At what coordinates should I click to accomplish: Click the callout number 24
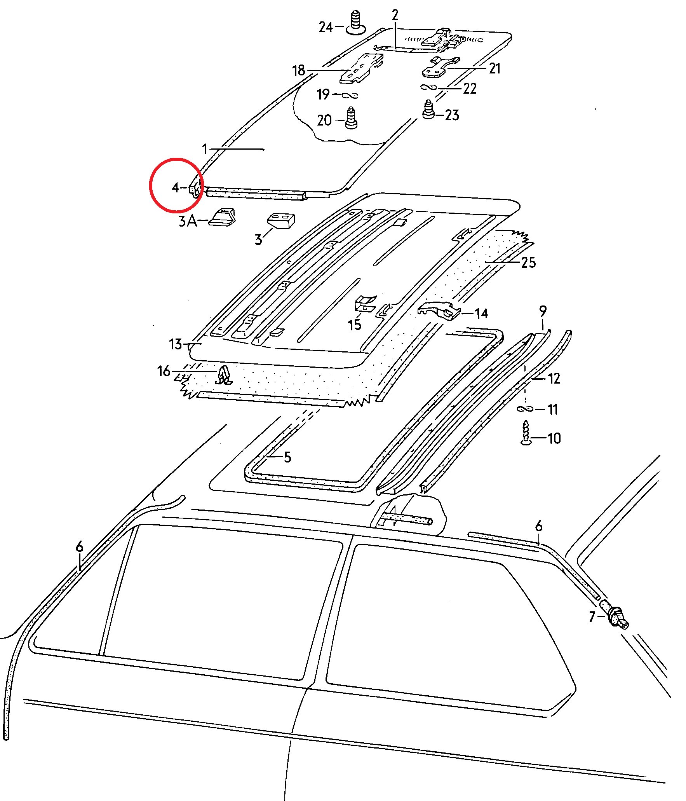[326, 27]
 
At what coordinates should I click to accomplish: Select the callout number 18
[298, 71]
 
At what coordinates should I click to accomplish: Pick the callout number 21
[494, 69]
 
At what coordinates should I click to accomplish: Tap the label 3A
[188, 221]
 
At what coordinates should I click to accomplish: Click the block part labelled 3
[280, 220]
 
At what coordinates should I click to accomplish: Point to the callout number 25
[528, 263]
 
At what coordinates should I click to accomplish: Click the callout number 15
[354, 325]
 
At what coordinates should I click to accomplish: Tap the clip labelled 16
[223, 375]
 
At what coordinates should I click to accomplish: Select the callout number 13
[175, 344]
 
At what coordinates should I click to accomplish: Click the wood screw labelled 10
[526, 432]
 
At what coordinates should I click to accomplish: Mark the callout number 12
[554, 379]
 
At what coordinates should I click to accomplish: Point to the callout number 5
[287, 457]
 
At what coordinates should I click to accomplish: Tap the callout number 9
[543, 311]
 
